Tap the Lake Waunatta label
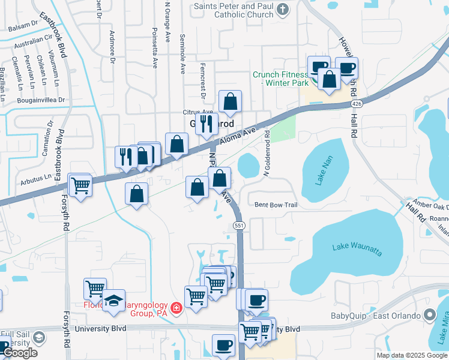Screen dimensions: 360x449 click(x=357, y=248)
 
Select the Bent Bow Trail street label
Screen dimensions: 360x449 click(x=276, y=205)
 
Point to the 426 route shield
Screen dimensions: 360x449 click(x=357, y=104)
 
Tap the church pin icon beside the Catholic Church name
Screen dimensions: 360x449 click(x=285, y=8)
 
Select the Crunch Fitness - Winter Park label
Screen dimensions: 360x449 click(x=280, y=79)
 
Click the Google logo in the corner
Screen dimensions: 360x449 click(x=20, y=353)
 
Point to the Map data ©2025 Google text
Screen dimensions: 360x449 click(x=412, y=355)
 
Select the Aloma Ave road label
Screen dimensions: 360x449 click(x=237, y=135)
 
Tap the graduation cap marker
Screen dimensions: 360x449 click(x=113, y=301)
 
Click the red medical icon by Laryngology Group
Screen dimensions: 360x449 click(x=176, y=309)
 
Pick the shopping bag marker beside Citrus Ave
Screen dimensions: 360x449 click(x=230, y=102)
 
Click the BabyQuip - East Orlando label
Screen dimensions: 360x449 click(x=373, y=315)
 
